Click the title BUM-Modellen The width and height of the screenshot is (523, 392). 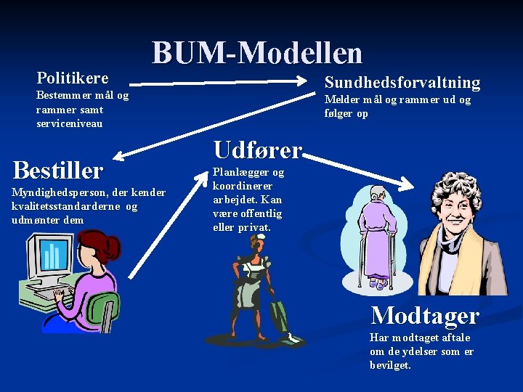point(256,52)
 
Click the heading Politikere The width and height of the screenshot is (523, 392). point(72,78)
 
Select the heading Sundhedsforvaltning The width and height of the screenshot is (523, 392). point(402,82)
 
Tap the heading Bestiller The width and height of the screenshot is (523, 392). point(58,171)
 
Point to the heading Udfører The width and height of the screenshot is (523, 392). point(256,150)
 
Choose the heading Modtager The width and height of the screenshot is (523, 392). point(424,315)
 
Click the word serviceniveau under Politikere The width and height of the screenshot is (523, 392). point(69,123)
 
